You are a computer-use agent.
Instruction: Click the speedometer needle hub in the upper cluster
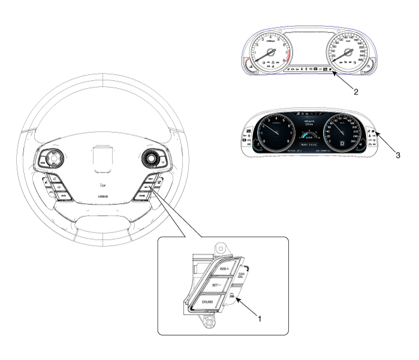click(x=349, y=53)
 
